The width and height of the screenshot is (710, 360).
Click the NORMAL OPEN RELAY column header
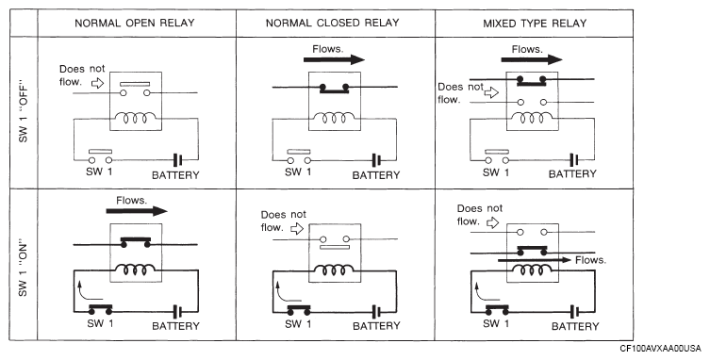[135, 24]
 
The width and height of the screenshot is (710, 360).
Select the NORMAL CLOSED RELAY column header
[332, 24]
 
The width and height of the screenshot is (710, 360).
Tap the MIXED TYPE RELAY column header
[535, 24]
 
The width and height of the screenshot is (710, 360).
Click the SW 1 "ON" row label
[23, 270]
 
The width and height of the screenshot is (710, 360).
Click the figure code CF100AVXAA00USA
[660, 349]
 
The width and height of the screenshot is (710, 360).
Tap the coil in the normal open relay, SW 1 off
[136, 119]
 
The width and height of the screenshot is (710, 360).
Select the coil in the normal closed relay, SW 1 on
[334, 270]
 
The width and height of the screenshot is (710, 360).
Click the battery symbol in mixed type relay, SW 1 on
[574, 312]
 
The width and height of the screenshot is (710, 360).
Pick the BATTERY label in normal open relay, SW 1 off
[175, 175]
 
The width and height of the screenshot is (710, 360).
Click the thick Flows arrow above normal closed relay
[334, 59]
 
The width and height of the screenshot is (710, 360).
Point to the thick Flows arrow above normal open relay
[137, 210]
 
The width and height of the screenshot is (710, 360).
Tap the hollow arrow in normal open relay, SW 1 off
[97, 83]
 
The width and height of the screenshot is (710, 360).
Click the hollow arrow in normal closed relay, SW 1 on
[297, 229]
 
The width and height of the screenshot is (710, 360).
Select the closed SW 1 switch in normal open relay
[100, 309]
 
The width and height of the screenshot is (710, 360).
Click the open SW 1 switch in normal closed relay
[299, 156]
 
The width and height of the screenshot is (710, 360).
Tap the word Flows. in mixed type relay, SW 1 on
[590, 260]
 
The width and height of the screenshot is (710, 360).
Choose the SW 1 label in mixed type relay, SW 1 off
[495, 172]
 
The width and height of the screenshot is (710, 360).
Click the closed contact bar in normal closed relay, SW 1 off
[334, 88]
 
